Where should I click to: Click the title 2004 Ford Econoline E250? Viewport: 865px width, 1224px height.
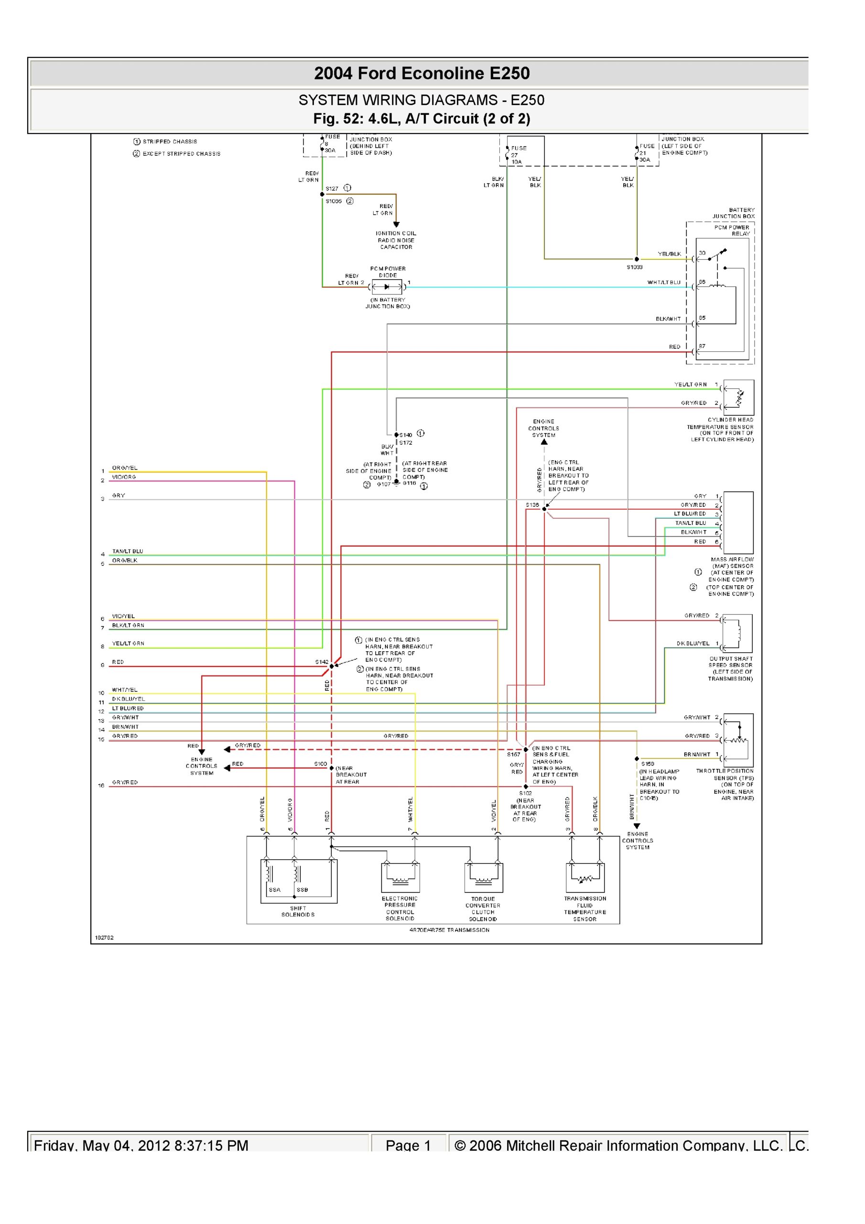[x=422, y=73]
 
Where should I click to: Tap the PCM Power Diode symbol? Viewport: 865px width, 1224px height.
[x=387, y=287]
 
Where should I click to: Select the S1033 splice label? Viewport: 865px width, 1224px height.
[x=634, y=267]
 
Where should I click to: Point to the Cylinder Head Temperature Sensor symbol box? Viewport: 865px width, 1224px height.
[x=739, y=398]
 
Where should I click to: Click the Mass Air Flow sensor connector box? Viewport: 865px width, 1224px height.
[x=738, y=523]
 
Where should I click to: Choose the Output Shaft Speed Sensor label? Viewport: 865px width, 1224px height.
[x=730, y=668]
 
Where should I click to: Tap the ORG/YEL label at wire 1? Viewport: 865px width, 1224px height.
[x=124, y=468]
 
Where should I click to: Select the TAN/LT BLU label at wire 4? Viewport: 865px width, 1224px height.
[x=128, y=551]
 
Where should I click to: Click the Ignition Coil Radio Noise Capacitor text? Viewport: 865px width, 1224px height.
[x=396, y=240]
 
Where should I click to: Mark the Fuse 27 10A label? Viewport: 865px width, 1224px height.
[x=518, y=154]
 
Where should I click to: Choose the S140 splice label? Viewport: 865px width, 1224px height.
[x=406, y=435]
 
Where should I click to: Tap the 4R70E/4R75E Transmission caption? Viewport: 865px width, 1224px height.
[x=449, y=930]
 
